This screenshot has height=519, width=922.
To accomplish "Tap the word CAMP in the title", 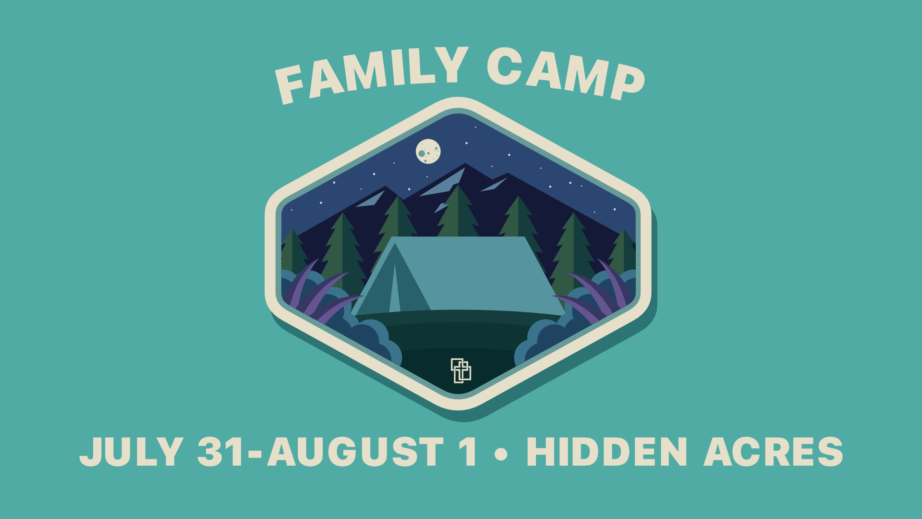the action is [566, 73].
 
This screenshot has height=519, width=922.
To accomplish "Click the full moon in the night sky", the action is [428, 151].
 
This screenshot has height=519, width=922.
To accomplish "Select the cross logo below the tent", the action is [461, 371].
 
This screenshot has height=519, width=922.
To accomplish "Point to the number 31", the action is [220, 452].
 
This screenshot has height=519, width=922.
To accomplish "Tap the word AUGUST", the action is [355, 452].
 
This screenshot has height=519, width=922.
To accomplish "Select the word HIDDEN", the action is [607, 452].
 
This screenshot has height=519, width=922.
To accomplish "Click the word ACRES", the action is [774, 452].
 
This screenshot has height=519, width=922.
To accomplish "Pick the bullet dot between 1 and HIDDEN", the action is [501, 454].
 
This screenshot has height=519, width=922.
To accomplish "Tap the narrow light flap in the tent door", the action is [395, 288].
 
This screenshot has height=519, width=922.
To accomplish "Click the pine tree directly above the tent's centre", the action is [458, 211].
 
